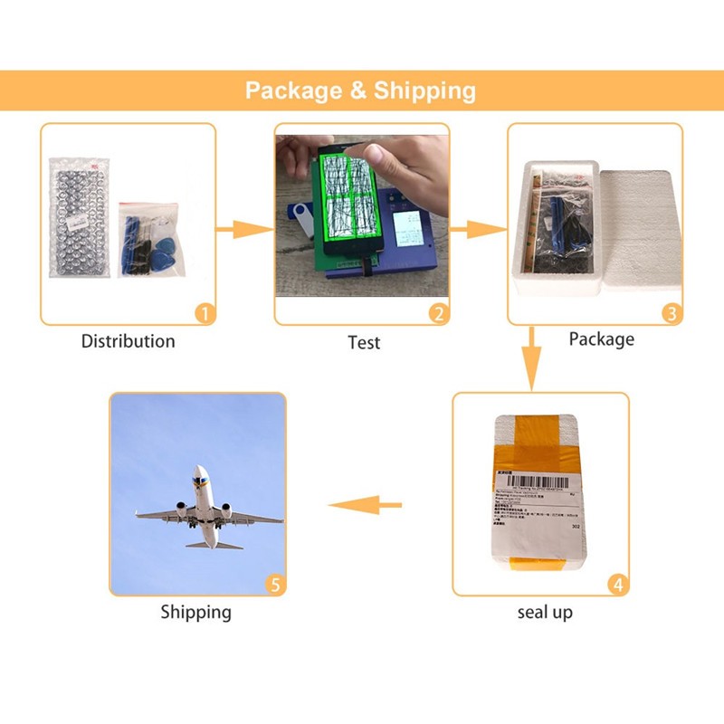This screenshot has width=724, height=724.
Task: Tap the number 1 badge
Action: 205,313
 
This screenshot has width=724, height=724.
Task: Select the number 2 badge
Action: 439,314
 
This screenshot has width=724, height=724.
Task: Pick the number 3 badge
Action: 671,314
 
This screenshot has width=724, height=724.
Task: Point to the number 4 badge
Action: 617,585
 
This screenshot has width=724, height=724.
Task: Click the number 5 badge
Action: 275,585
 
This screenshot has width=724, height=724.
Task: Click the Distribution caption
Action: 128,342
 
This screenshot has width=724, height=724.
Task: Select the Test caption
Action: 364,343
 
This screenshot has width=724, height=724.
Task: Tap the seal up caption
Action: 545,613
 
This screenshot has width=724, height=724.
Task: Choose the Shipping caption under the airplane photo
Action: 196,613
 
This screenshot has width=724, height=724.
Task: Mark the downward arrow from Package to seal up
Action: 534,357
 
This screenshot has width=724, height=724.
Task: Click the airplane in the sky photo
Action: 208,511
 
